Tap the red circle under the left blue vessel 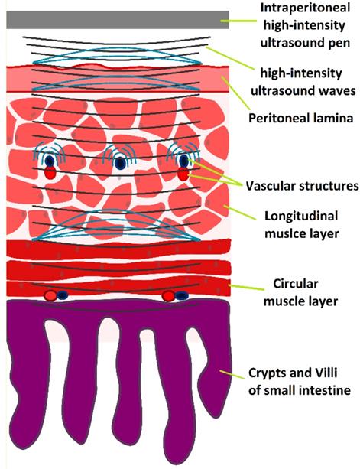50,174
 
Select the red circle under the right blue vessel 183,175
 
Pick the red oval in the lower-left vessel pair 50,295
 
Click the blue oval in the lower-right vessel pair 184,295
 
